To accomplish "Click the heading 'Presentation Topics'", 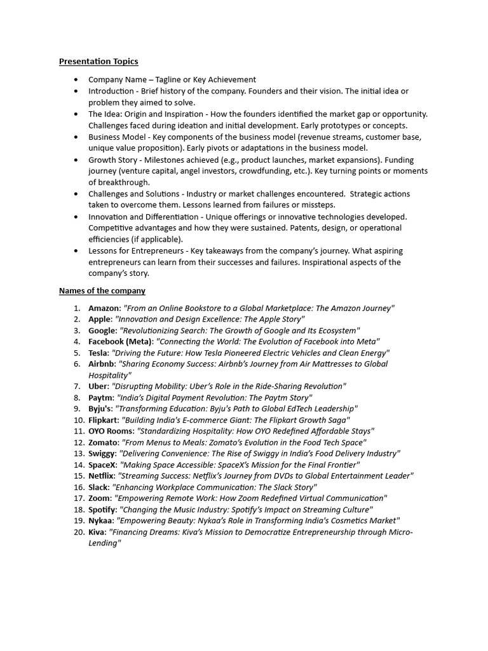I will pyautogui.click(x=98, y=62).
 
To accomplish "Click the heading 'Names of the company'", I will pyautogui.click(x=102, y=291).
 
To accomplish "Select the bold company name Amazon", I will pyautogui.click(x=104, y=308).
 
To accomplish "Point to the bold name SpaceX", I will pyautogui.click(x=102, y=465).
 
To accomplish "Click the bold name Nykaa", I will pyautogui.click(x=101, y=520).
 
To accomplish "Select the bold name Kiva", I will pyautogui.click(x=97, y=531).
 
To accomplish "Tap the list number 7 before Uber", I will pyautogui.click(x=76, y=387).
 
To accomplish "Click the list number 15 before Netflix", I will pyautogui.click(x=79, y=476).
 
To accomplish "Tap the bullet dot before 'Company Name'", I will pyautogui.click(x=76, y=80).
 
